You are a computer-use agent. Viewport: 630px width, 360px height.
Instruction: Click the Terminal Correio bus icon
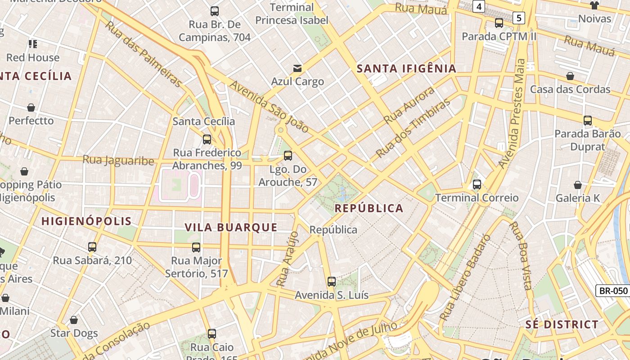click(477, 184)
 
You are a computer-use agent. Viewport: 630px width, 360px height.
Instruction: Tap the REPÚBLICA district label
click(369, 208)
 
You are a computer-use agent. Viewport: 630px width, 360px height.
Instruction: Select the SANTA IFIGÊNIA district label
click(406, 68)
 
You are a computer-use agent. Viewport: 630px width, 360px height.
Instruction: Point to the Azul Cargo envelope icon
click(297, 68)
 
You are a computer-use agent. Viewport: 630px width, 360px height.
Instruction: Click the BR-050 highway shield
click(613, 291)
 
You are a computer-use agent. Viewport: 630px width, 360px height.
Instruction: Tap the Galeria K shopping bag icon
click(578, 185)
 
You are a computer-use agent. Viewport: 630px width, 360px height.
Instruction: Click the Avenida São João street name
click(269, 107)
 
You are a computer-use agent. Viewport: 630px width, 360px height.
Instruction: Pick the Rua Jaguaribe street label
click(118, 160)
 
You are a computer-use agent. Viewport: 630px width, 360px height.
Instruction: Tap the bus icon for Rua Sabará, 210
click(92, 247)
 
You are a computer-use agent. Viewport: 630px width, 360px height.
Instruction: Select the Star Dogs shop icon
click(74, 320)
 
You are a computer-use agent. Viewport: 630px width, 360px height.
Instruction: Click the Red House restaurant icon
click(33, 44)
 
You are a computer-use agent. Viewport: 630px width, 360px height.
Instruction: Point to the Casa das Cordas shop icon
click(570, 76)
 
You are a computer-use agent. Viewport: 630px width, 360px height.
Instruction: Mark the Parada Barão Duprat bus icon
click(588, 121)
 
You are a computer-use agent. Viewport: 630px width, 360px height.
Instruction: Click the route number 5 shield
click(519, 18)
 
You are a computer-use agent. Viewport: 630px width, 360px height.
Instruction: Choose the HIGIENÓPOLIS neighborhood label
click(86, 221)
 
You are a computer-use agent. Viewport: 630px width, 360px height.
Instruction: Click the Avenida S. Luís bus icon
click(332, 282)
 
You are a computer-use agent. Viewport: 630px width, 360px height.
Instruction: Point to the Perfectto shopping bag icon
click(31, 108)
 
